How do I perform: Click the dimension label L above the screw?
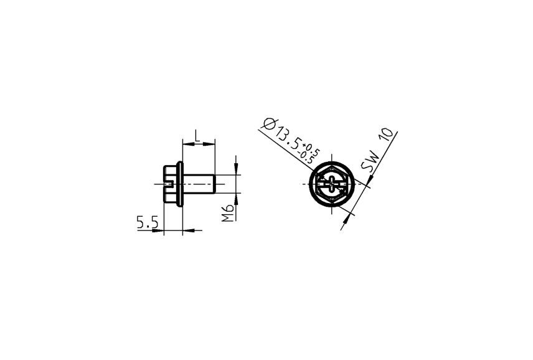coord(197,135)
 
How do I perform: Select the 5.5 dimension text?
coord(148,222)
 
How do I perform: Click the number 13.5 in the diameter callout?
coord(287,138)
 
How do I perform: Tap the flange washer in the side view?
coord(180,184)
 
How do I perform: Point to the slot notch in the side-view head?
coord(167,184)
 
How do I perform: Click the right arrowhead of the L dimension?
coord(212,144)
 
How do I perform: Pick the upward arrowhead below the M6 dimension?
coord(237,198)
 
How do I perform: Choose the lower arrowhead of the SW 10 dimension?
coord(349,213)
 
